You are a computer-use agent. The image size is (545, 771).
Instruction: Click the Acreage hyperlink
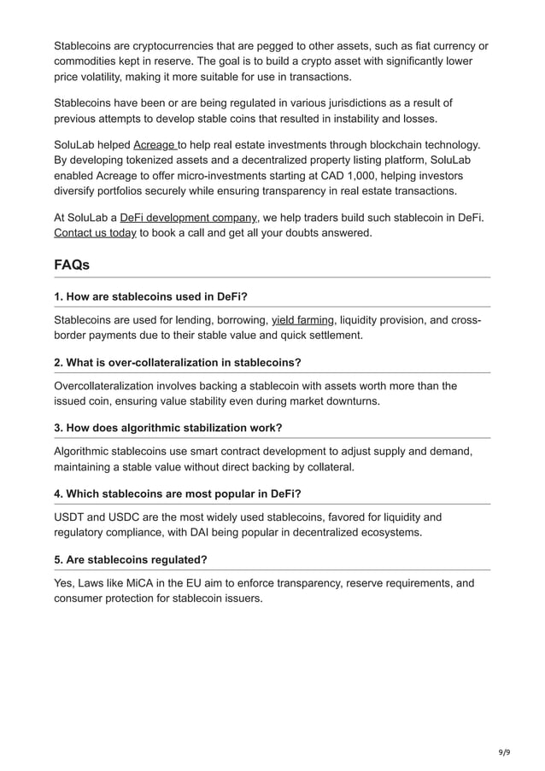[x=155, y=145]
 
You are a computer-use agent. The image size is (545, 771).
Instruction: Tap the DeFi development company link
[x=188, y=218]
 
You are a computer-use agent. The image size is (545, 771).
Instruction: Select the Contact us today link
[x=95, y=232]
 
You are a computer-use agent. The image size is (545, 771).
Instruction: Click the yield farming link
[x=302, y=321]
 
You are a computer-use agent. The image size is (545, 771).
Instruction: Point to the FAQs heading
[x=72, y=266]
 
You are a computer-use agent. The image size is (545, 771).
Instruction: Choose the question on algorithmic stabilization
[x=167, y=427]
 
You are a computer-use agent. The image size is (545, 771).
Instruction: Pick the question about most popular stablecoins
[x=177, y=494]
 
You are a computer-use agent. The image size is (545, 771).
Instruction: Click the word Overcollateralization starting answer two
[x=112, y=386]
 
